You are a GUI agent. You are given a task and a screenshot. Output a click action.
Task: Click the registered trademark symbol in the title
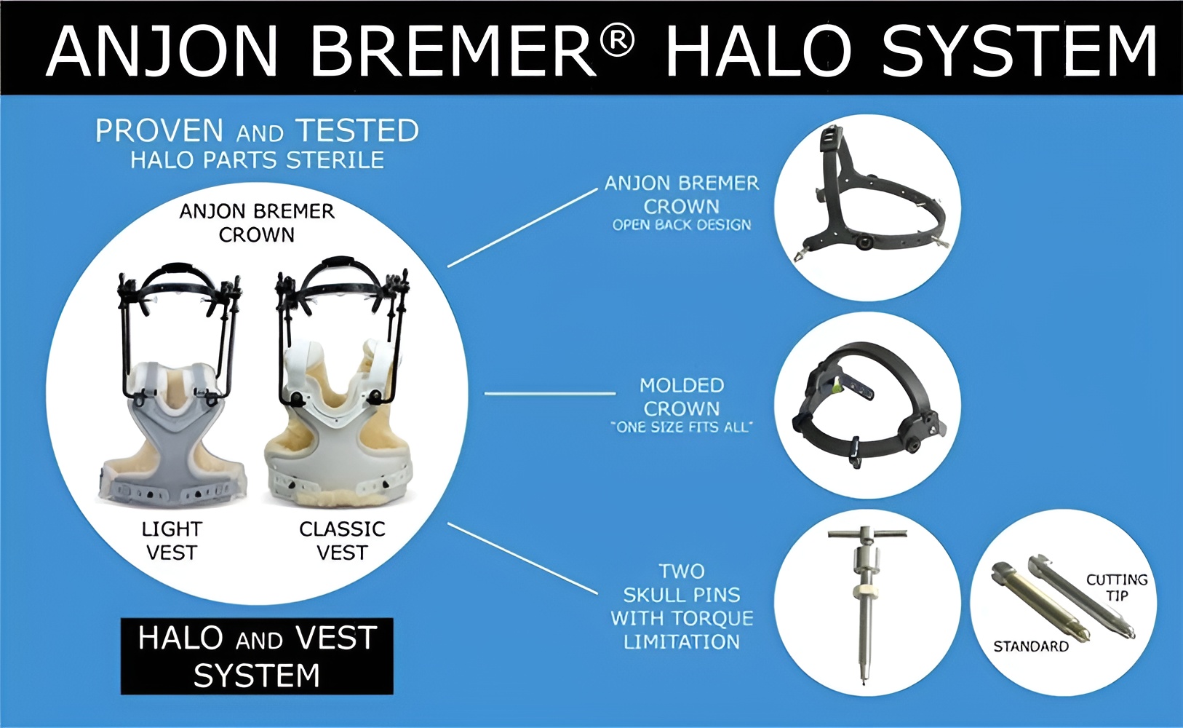point(617,41)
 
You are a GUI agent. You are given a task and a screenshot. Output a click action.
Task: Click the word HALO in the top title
point(758,51)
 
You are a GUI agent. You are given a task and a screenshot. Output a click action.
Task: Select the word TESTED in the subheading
point(357,131)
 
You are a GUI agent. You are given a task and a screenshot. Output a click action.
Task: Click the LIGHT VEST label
point(172,540)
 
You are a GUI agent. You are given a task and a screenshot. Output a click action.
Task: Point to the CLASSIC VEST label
point(342,540)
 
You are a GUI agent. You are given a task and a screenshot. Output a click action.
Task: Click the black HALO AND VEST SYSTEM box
point(257,656)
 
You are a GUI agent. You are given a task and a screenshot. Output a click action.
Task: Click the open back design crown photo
point(867,207)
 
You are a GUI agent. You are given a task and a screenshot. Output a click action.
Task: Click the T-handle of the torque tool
point(867,533)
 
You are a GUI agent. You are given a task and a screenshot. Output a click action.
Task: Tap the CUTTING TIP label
point(1117,587)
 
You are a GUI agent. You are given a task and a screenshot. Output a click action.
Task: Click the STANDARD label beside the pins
point(1031,646)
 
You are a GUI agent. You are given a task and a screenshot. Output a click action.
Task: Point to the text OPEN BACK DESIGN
point(682,226)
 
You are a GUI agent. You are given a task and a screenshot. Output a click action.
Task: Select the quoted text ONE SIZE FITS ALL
point(682,427)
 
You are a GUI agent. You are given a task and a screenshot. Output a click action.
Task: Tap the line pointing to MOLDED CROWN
point(550,393)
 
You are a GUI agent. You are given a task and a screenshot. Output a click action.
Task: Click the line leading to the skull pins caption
point(522,558)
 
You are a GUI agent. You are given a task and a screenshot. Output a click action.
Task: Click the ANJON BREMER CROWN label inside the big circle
point(257,223)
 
